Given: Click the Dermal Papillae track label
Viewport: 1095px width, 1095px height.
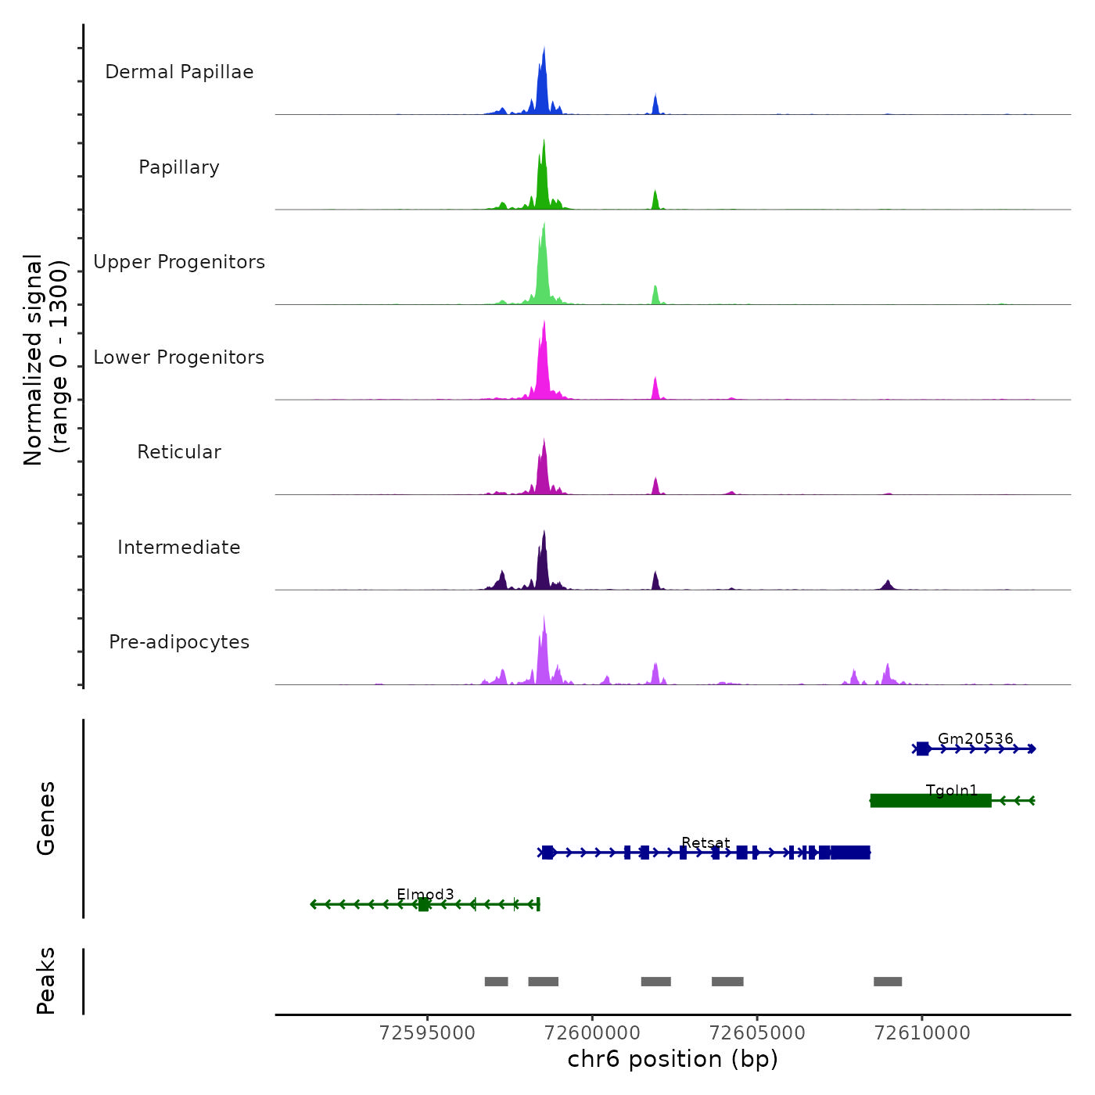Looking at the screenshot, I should [179, 72].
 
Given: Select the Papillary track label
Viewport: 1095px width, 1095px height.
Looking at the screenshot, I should [179, 167].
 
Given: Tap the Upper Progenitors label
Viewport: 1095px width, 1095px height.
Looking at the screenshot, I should [179, 262].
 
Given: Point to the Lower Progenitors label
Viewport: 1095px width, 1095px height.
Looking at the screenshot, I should [179, 357].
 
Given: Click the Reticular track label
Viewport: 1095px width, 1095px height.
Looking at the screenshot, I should [179, 452].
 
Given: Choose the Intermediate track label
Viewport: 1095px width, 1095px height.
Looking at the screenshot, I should [179, 547].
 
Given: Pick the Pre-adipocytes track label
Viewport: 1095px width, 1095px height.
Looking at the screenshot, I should [179, 642].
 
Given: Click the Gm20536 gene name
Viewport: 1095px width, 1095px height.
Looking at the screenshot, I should [975, 738].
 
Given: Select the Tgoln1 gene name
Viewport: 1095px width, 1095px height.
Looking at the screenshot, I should [952, 790].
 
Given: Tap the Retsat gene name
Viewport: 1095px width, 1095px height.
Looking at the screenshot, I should [705, 842].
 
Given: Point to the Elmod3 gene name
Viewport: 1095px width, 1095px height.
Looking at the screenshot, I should [425, 894].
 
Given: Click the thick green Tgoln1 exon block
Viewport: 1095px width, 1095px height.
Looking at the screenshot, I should [931, 801].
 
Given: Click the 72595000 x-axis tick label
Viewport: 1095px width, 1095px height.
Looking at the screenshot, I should [427, 1033].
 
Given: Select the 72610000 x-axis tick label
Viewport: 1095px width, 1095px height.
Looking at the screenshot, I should [922, 1033].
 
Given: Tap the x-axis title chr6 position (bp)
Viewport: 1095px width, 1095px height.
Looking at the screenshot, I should [673, 1059].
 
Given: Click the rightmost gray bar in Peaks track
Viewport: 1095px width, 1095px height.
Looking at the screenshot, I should [888, 982].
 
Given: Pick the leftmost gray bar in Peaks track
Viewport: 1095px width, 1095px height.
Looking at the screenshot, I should [496, 982].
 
